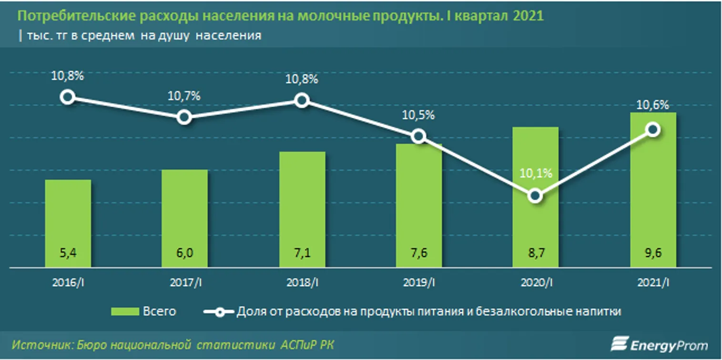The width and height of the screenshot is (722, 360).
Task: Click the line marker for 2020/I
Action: (536, 196)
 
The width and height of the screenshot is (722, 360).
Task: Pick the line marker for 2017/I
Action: (184, 117)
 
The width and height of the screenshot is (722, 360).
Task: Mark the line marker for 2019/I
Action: (418, 136)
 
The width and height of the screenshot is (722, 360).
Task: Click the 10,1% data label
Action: (536, 174)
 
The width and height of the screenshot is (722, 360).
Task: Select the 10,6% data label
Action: (653, 105)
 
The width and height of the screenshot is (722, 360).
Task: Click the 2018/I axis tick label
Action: (302, 283)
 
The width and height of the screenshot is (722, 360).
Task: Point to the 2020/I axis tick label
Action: (536, 283)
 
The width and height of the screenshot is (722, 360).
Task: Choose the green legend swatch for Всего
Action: (125, 312)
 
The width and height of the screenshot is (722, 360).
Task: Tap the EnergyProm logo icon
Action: (620, 344)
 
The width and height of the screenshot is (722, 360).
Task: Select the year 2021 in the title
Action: (529, 16)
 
